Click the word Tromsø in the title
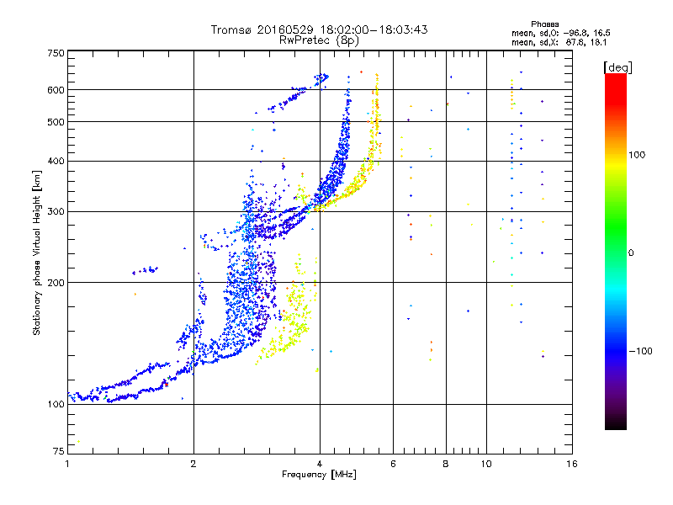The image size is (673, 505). coord(232,29)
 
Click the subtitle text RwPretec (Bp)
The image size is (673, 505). coord(320,40)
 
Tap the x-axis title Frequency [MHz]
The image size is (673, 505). coord(319,475)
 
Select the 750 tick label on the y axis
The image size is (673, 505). coord(56,53)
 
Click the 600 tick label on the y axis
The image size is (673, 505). coord(56,90)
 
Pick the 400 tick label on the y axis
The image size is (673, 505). coord(56,161)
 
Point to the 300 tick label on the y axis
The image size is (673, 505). coord(56,211)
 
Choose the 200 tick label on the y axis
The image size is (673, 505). coord(56,282)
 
